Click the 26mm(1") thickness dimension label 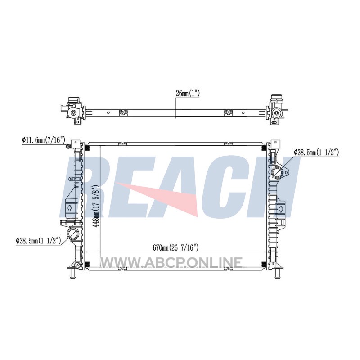click(188, 94)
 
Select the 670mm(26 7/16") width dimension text click(175, 247)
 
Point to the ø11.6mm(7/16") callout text click(44, 139)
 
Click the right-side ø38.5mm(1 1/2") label click(316, 152)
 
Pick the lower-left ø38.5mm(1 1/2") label click(38, 241)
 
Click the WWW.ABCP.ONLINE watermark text click(171, 262)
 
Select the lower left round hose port click(73, 234)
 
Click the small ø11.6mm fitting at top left click(68, 146)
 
